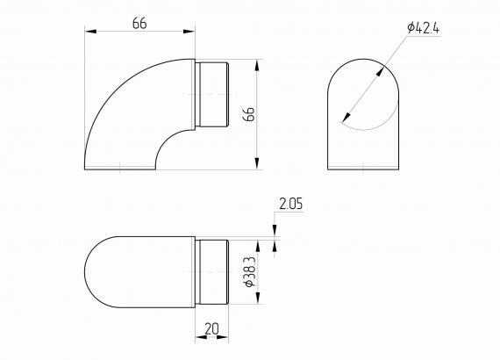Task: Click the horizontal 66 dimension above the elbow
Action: pos(139,23)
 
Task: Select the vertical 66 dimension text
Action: pos(248,114)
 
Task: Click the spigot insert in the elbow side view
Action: pos(211,94)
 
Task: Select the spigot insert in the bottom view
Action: pos(211,272)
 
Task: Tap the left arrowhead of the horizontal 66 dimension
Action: pos(89,32)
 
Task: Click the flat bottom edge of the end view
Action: pos(365,169)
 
